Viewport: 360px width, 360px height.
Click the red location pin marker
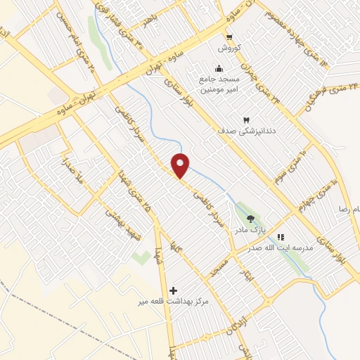click(x=181, y=165)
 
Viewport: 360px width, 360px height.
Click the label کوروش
click(x=229, y=48)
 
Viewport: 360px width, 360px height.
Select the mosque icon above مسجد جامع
click(x=219, y=68)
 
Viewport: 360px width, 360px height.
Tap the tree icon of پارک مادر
click(x=251, y=219)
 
